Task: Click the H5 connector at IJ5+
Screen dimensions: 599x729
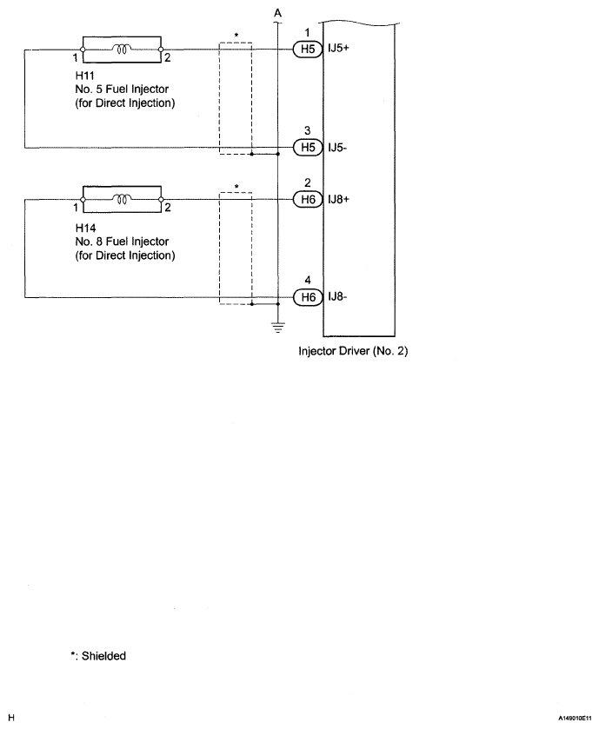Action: point(308,50)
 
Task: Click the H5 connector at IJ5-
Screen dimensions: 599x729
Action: point(308,148)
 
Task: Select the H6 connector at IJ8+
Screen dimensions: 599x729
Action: point(308,200)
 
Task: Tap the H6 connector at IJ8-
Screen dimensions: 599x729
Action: point(308,297)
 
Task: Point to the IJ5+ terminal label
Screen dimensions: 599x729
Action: point(338,48)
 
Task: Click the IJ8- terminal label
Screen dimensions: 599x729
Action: point(337,296)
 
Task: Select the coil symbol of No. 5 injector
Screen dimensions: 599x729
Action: point(122,49)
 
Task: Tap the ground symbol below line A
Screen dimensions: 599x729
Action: point(278,328)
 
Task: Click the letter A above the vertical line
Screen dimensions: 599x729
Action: point(277,13)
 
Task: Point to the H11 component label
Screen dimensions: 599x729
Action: point(84,76)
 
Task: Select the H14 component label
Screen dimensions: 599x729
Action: point(85,228)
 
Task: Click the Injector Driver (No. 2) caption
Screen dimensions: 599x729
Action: point(353,351)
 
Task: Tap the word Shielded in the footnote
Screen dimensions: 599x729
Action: point(103,656)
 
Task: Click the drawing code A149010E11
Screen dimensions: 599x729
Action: point(575,719)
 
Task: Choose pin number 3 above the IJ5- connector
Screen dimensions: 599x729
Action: point(307,130)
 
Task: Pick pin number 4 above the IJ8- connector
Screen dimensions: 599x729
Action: point(308,280)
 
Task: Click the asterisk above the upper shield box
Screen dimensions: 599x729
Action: point(236,36)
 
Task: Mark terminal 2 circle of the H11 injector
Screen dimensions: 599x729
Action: point(161,50)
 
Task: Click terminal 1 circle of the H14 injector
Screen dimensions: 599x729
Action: point(83,200)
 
